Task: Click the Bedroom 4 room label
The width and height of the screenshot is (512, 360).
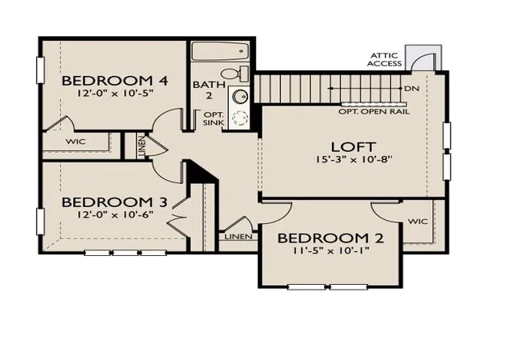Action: [114, 81]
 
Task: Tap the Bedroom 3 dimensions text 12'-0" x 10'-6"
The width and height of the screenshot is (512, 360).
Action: [115, 215]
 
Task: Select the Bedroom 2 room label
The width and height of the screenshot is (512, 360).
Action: [330, 238]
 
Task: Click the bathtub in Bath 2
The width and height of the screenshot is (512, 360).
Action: [220, 51]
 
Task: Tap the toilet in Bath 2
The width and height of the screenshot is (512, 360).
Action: [234, 74]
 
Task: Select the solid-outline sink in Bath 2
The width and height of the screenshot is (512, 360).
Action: [240, 97]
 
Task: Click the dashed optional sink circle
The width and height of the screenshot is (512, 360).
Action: [240, 118]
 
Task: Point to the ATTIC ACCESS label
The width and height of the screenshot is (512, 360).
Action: [384, 59]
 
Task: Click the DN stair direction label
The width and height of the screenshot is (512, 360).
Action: [412, 89]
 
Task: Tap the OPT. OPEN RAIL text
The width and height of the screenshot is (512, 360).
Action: [374, 112]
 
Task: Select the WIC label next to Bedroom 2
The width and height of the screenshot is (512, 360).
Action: [418, 222]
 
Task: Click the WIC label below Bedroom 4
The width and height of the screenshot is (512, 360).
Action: [75, 142]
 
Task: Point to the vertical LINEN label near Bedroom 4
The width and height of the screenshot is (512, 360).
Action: [142, 147]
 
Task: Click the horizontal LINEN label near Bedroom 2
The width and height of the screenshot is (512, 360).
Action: [238, 236]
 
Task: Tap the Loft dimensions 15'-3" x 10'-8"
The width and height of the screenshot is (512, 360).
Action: [354, 159]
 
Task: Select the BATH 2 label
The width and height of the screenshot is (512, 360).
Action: [209, 90]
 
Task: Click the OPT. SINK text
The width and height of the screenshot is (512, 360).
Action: [214, 119]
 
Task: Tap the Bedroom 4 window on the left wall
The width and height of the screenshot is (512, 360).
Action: [40, 70]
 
